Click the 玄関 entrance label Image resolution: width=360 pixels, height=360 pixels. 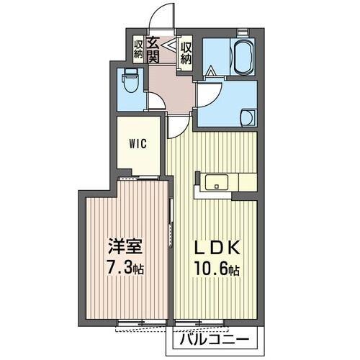point(153,50)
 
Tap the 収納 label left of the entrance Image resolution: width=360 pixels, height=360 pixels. point(138,49)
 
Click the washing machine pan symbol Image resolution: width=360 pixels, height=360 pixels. point(246,117)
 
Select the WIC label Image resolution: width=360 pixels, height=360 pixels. point(139,143)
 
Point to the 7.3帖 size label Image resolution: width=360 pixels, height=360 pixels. point(124,270)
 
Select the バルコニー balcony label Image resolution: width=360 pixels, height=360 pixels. point(215,338)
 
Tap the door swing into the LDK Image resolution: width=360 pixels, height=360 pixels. point(176,127)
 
